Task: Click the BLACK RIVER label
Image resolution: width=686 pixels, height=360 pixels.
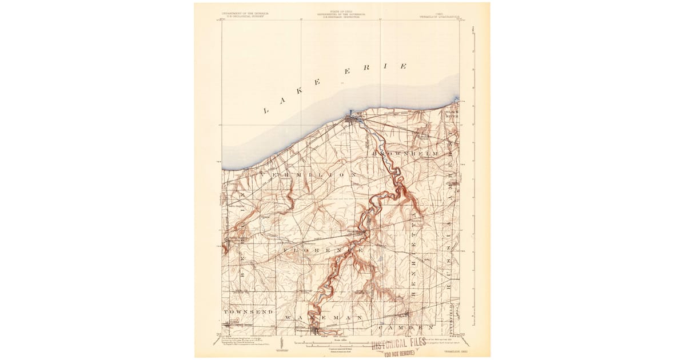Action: (452, 114)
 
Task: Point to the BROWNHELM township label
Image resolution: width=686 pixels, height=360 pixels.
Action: (406, 154)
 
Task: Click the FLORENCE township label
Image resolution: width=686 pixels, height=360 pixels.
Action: (323, 250)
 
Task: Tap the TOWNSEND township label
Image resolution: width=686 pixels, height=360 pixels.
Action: (248, 312)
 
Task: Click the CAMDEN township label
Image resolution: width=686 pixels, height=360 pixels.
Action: (409, 327)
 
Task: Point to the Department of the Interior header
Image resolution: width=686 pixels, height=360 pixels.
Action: (246, 14)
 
